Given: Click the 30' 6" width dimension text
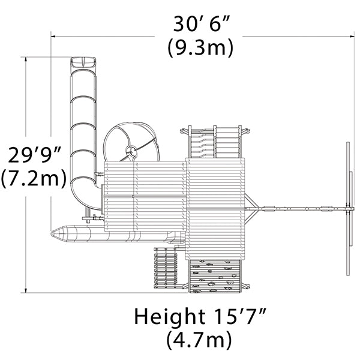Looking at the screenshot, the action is point(201,24).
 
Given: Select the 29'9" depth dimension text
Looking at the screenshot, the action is point(35,155).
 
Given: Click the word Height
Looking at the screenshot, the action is point(170,317).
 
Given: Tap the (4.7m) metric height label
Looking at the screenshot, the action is point(199,340).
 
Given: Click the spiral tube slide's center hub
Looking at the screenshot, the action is point(131,151).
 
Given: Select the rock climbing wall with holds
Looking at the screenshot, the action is point(215,276).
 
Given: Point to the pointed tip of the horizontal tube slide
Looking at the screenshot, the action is point(52,234).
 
